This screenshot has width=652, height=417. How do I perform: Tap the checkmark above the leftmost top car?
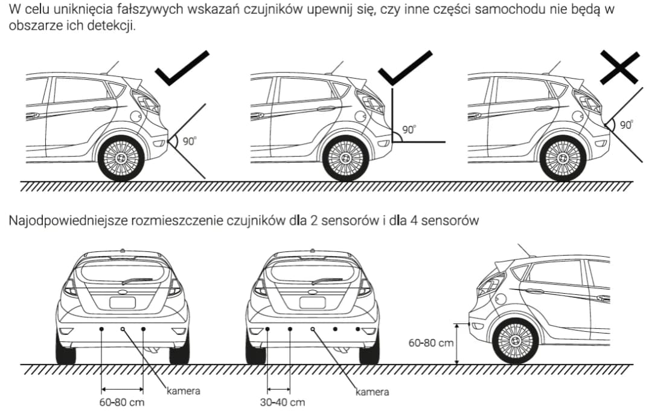[x=181, y=68]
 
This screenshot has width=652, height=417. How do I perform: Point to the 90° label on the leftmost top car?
[x=189, y=141]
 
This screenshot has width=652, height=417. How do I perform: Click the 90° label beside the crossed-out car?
[x=626, y=124]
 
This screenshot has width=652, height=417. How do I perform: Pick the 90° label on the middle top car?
[x=409, y=129]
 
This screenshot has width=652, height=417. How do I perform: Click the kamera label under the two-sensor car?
[x=183, y=391]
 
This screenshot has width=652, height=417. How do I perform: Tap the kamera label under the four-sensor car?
[x=372, y=392]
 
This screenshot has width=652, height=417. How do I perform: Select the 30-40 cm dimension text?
[x=283, y=402]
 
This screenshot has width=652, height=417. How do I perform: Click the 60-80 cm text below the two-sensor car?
[x=122, y=402]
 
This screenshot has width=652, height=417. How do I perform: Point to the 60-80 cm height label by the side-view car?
[x=431, y=343]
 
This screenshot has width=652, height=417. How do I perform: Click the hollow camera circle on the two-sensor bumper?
[x=123, y=328]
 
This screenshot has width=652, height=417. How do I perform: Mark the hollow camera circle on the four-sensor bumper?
[x=313, y=328]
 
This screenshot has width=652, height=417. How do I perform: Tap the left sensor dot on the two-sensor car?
[x=101, y=328]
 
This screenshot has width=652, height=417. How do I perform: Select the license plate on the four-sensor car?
[x=313, y=302]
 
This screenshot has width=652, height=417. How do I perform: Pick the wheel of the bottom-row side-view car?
[x=515, y=341]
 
